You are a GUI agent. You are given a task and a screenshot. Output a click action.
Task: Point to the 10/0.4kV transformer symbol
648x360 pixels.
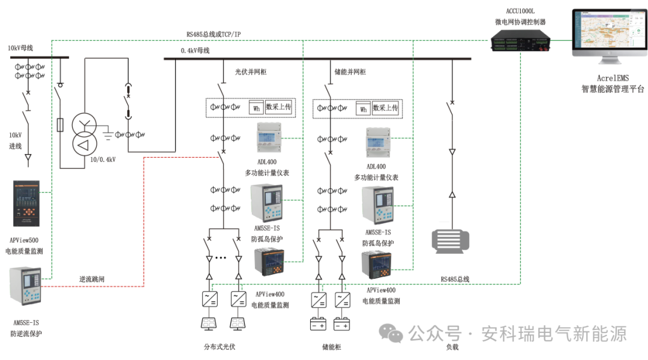pyautogui.click(x=84, y=135)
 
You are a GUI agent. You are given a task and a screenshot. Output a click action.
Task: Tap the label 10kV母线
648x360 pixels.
pyautogui.click(x=20, y=48)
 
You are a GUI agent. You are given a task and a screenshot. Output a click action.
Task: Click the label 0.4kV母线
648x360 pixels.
pyautogui.click(x=195, y=51)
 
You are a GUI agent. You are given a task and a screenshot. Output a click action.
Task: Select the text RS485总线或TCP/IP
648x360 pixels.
pyautogui.click(x=214, y=35)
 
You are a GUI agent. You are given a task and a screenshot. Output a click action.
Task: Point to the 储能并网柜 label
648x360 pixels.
pyautogui.click(x=350, y=72)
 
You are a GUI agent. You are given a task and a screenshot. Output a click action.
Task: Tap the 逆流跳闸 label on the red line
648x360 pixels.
pyautogui.click(x=94, y=279)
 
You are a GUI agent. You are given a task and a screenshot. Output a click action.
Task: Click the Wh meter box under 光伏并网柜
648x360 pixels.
pyautogui.click(x=256, y=108)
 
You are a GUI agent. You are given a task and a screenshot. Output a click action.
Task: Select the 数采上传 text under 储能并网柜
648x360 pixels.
pyautogui.click(x=385, y=108)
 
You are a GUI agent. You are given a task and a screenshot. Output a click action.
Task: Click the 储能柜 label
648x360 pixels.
pyautogui.click(x=332, y=347)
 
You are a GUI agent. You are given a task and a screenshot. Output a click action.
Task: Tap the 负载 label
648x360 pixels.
pyautogui.click(x=452, y=347)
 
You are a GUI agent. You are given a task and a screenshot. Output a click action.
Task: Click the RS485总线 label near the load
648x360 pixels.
pyautogui.click(x=455, y=279)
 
